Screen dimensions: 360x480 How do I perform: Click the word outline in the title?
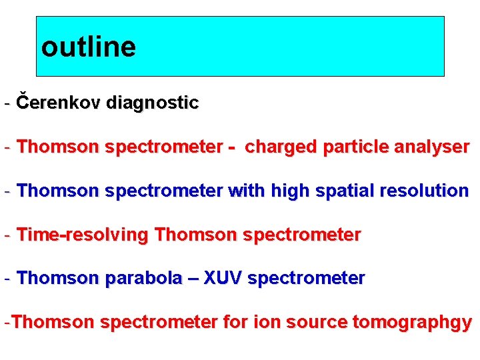pos(88,47)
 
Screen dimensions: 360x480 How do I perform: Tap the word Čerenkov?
pos(59,103)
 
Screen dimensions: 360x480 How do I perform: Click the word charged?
pos(281,147)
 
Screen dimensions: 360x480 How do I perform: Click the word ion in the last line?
pos(265,323)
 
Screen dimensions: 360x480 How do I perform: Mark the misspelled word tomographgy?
pos(412,323)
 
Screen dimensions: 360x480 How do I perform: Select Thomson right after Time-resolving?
pos(195,235)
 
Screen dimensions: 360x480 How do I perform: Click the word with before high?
pos(247,191)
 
